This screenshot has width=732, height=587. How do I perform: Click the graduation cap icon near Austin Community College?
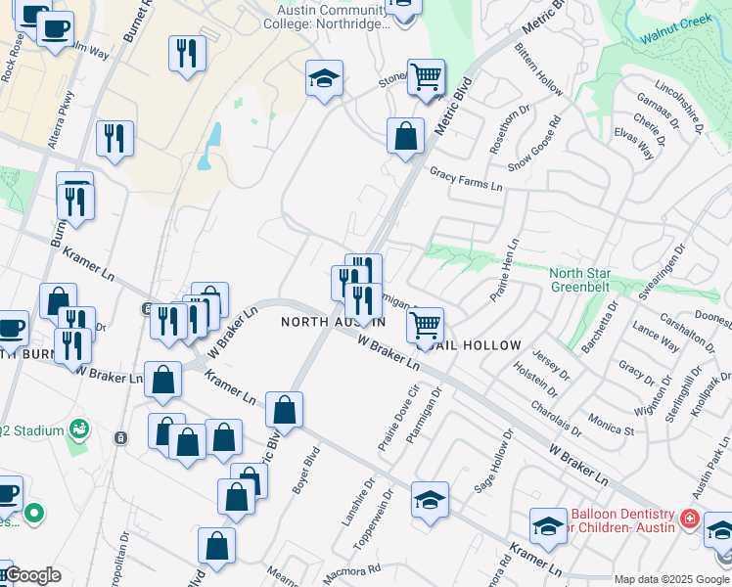coord(324,78)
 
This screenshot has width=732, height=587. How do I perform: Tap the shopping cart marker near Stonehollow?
coord(426,75)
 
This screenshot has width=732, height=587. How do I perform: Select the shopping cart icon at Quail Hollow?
coord(425,323)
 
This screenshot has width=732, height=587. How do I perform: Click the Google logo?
coord(32,575)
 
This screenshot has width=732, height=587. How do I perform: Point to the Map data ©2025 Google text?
coord(670,579)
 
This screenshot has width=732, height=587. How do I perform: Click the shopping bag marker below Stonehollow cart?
coord(405,136)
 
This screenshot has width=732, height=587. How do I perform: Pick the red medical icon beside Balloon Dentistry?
coord(691,519)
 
